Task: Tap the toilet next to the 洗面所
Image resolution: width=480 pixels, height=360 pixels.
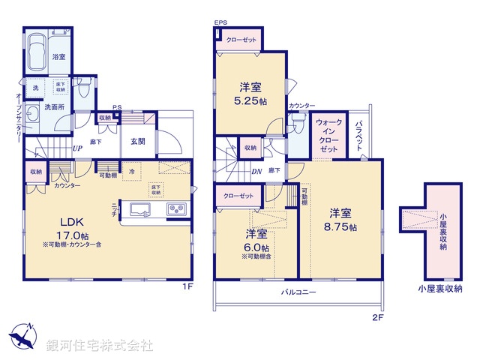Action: point(85,90)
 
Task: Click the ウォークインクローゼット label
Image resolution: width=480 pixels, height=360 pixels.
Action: point(328,135)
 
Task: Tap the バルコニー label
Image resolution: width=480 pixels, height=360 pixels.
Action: point(298,292)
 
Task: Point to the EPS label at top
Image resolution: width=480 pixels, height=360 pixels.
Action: point(220,24)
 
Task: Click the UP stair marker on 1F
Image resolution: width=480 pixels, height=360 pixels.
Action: point(76,148)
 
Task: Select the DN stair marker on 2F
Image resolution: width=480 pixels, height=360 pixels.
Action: point(256,171)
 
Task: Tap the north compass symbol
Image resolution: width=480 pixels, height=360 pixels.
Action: point(23,334)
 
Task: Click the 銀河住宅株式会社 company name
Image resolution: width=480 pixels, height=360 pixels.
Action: point(99,346)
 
